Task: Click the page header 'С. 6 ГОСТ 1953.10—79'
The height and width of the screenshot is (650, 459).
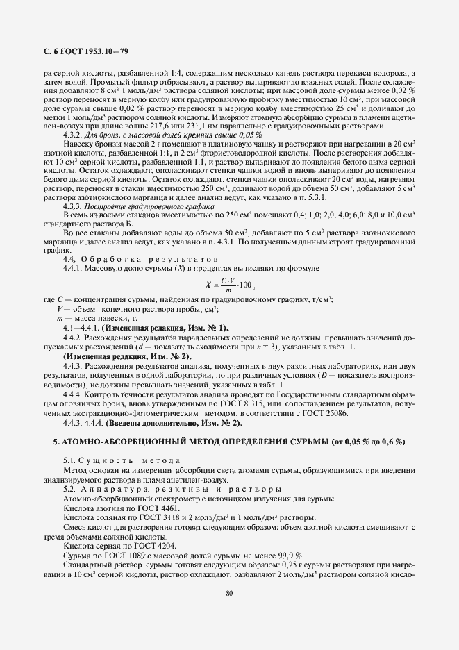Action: coord(81,51)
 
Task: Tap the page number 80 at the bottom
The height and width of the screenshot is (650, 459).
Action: coord(229,592)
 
